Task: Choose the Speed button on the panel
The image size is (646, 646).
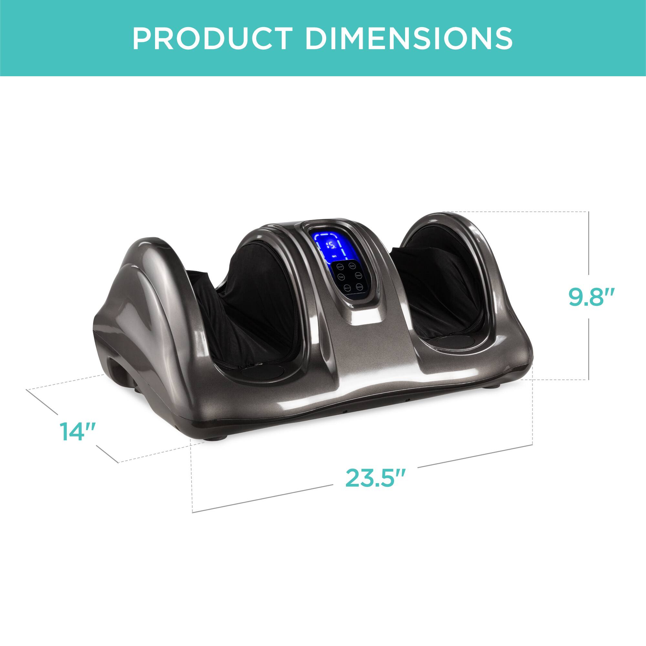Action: click(359, 266)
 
